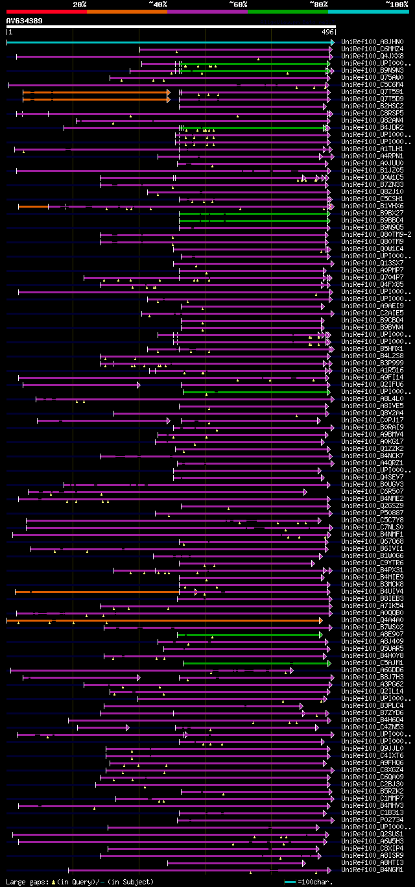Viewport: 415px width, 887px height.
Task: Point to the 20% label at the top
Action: point(80,5)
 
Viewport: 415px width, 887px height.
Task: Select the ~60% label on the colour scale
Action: point(238,5)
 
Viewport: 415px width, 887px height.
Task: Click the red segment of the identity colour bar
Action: point(46,12)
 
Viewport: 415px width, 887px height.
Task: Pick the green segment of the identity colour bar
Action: point(287,12)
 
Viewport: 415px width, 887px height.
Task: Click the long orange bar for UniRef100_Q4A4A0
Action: point(162,620)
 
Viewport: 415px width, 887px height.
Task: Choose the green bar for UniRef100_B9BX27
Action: point(253,213)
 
